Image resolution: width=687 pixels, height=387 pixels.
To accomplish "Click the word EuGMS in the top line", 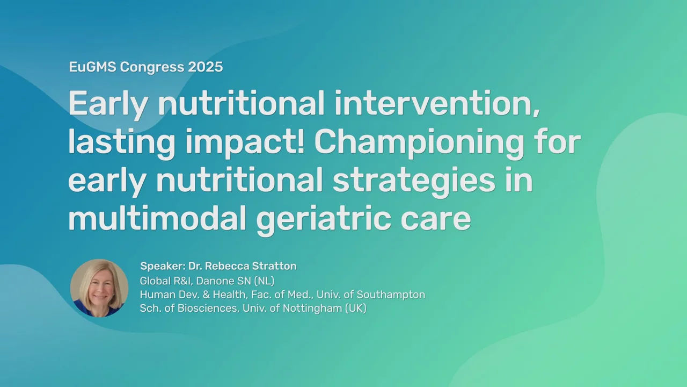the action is pos(92,67).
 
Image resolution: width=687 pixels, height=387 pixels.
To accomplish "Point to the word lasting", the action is pos(121,143).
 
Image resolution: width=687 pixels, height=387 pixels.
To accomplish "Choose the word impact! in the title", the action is pos(245,143).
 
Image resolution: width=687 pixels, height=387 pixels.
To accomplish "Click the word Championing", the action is pos(419,143).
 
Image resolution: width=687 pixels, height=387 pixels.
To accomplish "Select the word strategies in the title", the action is pos(414,181).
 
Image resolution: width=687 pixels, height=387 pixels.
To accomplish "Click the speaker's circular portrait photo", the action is pos(99,288).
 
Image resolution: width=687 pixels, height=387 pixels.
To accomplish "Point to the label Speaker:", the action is pos(163,266).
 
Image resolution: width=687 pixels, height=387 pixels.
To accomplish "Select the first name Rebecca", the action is pos(226,266).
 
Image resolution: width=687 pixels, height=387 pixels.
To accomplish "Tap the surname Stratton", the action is pos(274,266).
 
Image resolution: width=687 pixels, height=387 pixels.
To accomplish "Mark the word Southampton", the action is pos(391,295).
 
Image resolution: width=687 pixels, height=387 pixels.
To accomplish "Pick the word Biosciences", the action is pos(208,309).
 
